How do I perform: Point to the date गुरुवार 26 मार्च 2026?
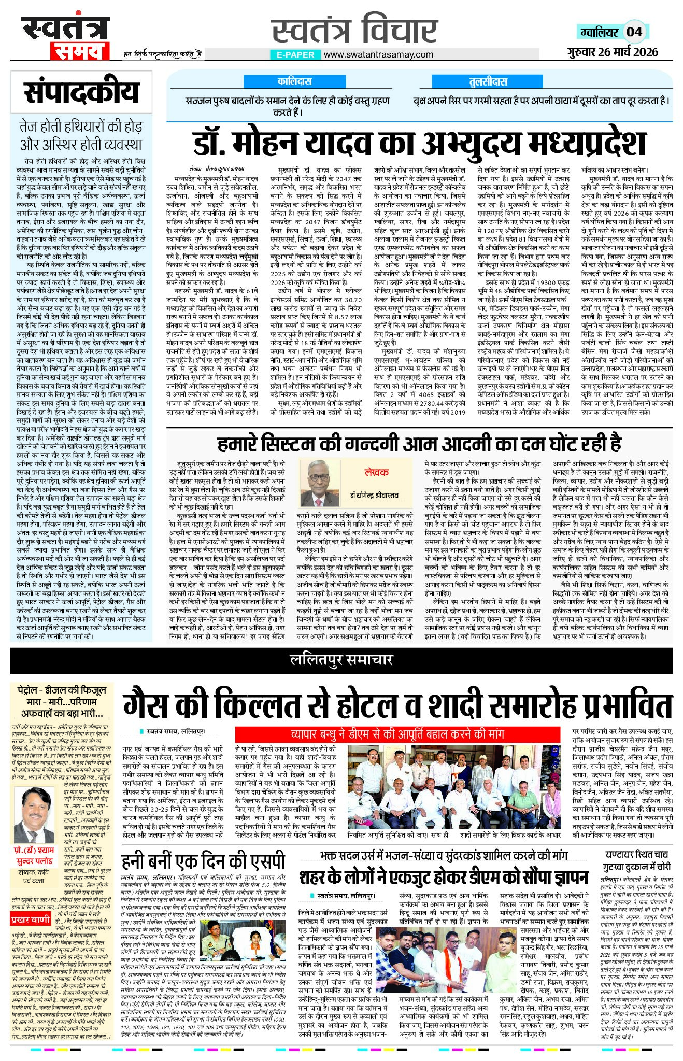pyautogui.click(x=612, y=52)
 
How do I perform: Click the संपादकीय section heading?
pyautogui.click(x=82, y=93)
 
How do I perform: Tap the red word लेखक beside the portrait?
pyautogui.click(x=376, y=472)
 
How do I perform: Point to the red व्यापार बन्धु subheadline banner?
pyautogui.click(x=397, y=734)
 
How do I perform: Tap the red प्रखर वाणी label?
pyautogui.click(x=31, y=920)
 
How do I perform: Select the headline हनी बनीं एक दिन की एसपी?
pyautogui.click(x=203, y=861)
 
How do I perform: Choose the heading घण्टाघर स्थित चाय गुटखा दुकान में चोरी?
pyautogui.click(x=636, y=860)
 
